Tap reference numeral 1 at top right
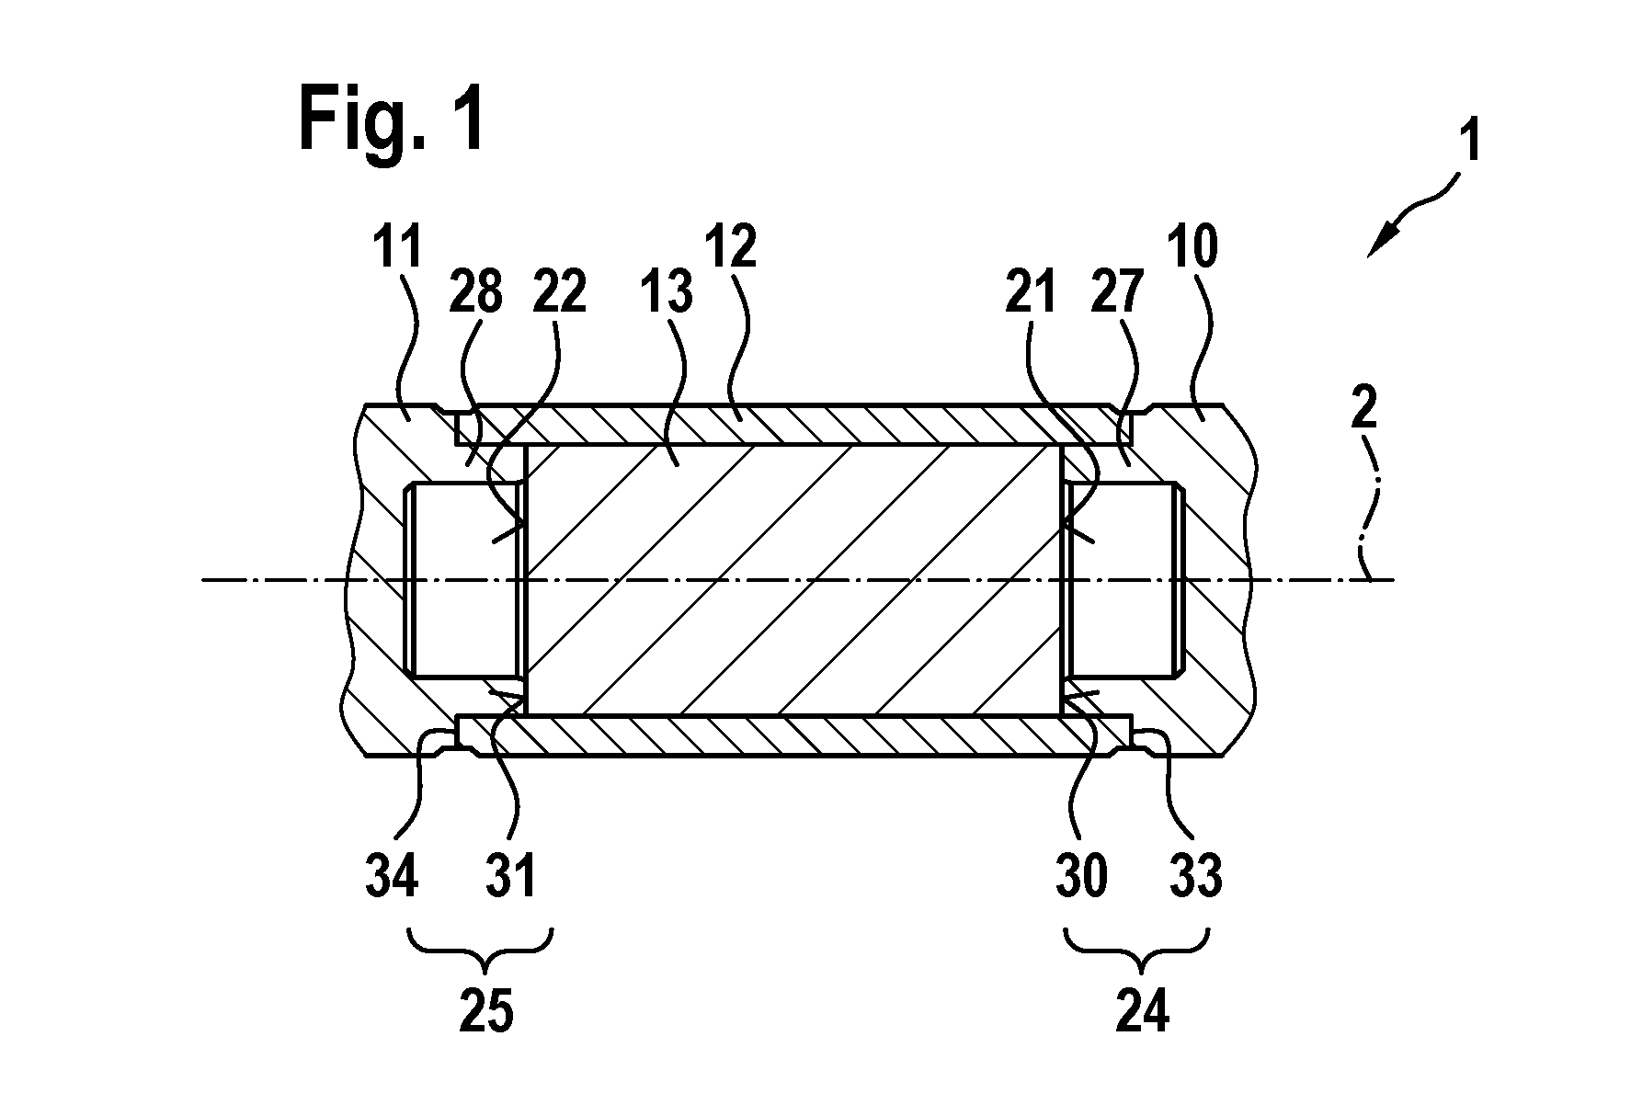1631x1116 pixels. coord(1470,143)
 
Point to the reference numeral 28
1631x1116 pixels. coord(476,292)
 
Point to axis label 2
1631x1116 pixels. coord(1364,407)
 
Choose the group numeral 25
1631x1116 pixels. coord(486,1012)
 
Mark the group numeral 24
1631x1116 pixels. coord(1142,1012)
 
